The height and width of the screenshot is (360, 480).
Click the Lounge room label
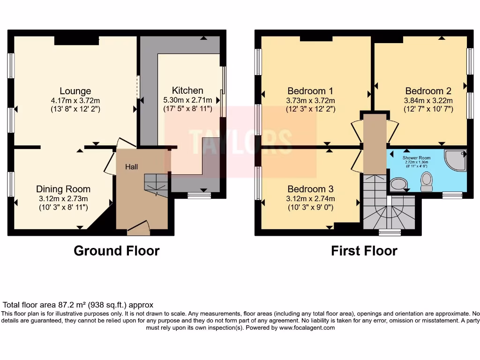[75, 91]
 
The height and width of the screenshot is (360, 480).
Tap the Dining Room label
[63, 189]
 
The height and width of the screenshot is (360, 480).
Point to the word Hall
[131, 166]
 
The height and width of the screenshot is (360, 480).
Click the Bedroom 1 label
[310, 91]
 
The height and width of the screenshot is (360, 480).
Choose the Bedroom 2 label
[428, 91]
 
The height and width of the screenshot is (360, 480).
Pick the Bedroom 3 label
[310, 189]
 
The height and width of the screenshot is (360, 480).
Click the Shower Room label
[416, 158]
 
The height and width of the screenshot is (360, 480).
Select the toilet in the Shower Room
[427, 182]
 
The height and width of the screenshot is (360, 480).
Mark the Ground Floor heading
[116, 251]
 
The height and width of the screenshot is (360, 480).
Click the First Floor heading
[364, 251]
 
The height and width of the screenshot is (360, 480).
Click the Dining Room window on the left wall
[10, 184]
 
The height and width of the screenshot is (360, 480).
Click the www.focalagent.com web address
[307, 328]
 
